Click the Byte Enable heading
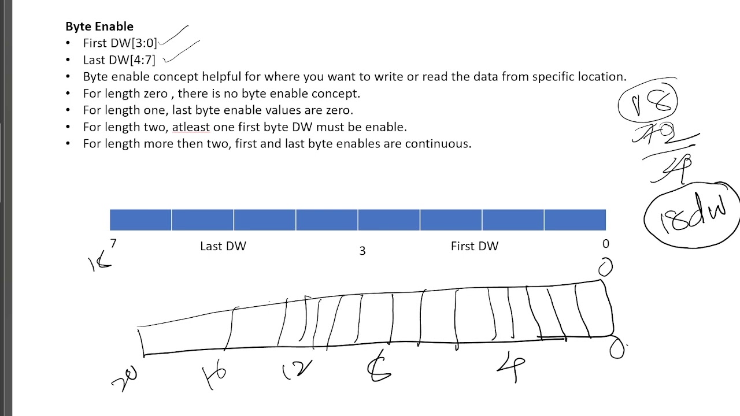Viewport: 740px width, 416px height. pos(99,27)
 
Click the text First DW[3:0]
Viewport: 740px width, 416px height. pos(120,43)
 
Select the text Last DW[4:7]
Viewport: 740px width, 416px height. pos(119,60)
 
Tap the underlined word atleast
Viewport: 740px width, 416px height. pos(191,127)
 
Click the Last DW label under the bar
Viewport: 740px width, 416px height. pos(223,246)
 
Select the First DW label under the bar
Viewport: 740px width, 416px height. pos(474,246)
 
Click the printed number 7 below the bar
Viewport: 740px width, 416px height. pos(113,244)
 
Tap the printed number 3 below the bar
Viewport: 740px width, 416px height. pos(362,251)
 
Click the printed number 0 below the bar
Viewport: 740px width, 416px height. pos(605,244)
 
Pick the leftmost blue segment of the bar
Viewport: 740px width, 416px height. pos(140,220)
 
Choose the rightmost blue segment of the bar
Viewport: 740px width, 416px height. pos(575,220)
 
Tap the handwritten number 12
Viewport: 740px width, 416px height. pos(298,370)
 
